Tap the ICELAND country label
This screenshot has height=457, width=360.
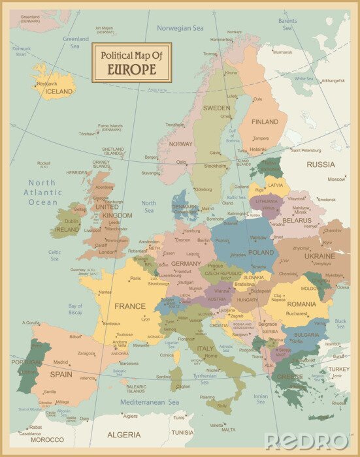[x=59, y=92]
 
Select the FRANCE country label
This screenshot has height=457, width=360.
[x=130, y=306]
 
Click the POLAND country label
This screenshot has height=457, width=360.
[x=261, y=252]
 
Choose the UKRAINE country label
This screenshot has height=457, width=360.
[x=319, y=257]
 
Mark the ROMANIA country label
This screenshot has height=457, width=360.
[x=301, y=304]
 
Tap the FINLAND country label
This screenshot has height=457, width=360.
[x=265, y=122]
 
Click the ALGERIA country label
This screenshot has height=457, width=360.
[x=123, y=435]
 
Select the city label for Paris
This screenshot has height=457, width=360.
[x=135, y=279]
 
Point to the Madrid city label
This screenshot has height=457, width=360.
[x=61, y=361]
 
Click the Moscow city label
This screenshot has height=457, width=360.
[x=336, y=179]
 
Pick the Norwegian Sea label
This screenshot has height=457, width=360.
[x=180, y=28]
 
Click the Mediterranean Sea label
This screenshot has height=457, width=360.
[x=150, y=403]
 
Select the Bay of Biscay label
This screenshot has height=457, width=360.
[x=75, y=309]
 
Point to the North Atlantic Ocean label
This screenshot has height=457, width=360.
[x=44, y=193]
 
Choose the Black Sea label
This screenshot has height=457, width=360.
[x=340, y=324]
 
